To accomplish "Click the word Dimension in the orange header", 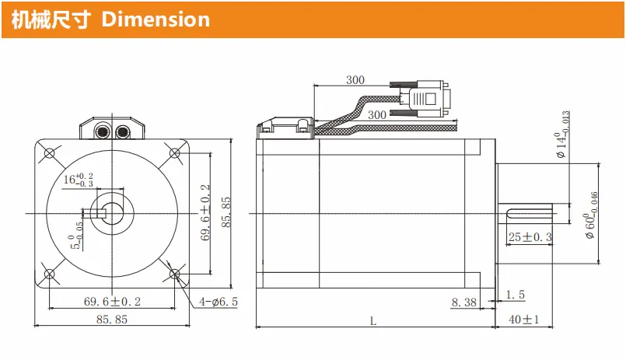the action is (156, 19).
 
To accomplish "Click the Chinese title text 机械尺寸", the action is (51, 20).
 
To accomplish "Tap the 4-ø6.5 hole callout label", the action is (219, 302).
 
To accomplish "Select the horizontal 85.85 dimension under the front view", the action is (112, 320).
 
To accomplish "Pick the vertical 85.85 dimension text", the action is (226, 212).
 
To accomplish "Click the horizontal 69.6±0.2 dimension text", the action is (112, 302).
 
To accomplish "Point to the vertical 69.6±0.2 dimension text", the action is (205, 213).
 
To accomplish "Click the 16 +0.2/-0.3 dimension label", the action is (79, 180).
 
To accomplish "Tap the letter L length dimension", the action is (373, 321).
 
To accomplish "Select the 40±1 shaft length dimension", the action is (524, 320).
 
